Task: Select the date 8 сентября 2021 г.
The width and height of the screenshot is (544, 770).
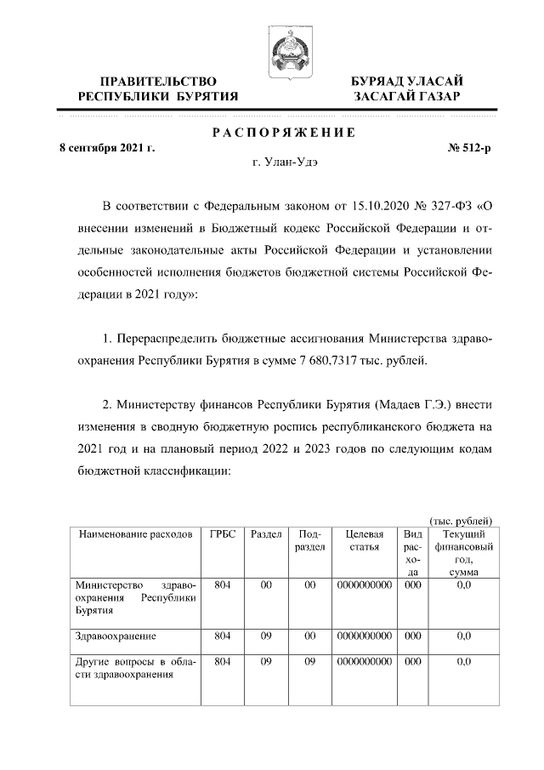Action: click(106, 148)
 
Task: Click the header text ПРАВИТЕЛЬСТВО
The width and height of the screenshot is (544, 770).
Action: click(158, 81)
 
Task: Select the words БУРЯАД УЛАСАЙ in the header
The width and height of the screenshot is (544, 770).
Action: click(407, 81)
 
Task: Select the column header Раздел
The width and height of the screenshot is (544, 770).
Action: click(267, 534)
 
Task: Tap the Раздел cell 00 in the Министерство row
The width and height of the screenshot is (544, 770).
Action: click(266, 585)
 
